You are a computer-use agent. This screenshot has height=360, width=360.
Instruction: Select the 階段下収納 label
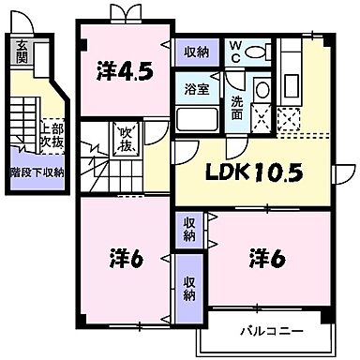point(37,172)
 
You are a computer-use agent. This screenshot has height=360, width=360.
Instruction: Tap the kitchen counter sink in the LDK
point(291,61)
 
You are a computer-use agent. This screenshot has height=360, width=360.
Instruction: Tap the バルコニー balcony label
point(264,331)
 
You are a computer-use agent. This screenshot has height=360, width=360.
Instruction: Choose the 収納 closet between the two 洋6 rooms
point(188,230)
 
